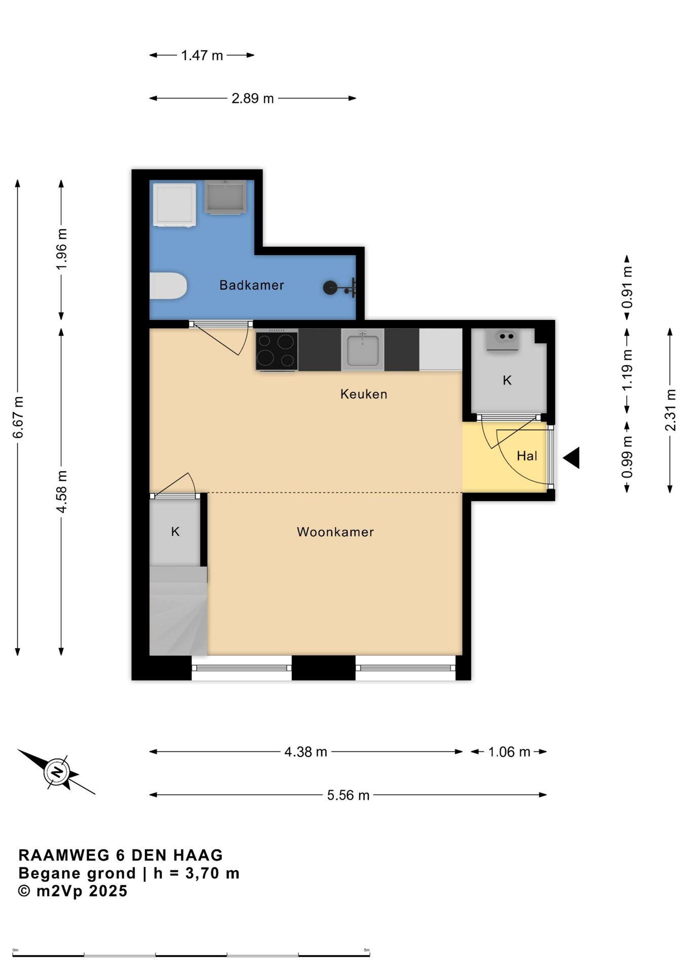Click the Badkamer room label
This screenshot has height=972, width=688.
click(x=251, y=286)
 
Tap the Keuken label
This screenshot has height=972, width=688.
click(x=364, y=394)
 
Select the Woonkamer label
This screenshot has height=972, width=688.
click(x=335, y=532)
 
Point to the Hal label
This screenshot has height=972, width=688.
click(x=527, y=456)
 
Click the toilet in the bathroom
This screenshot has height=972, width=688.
click(x=168, y=286)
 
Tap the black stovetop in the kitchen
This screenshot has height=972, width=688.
click(x=277, y=350)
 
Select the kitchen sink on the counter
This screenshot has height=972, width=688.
click(x=363, y=349)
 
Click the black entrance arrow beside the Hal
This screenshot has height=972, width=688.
click(x=571, y=458)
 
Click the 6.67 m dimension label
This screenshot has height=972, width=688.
click(x=18, y=418)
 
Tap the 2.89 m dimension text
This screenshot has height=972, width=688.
click(x=253, y=98)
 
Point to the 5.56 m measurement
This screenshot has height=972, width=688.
click(x=348, y=795)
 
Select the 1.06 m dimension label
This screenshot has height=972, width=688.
click(x=509, y=752)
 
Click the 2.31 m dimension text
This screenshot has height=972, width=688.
click(x=670, y=411)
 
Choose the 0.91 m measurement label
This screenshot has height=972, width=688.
click(x=627, y=288)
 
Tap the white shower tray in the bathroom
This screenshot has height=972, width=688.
click(x=175, y=205)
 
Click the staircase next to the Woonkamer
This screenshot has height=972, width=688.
click(x=178, y=611)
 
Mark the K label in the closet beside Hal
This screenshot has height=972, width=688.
click(x=507, y=380)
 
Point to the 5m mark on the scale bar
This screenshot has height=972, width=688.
click(x=367, y=950)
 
